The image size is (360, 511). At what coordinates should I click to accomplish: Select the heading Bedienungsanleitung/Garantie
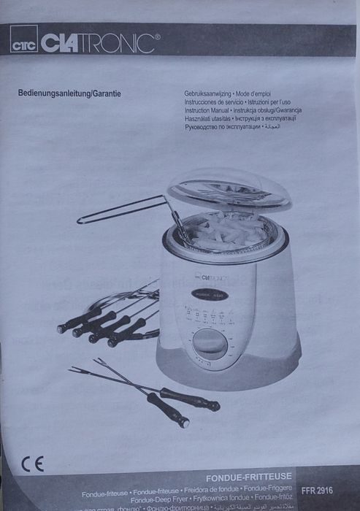click(x=69, y=93)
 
